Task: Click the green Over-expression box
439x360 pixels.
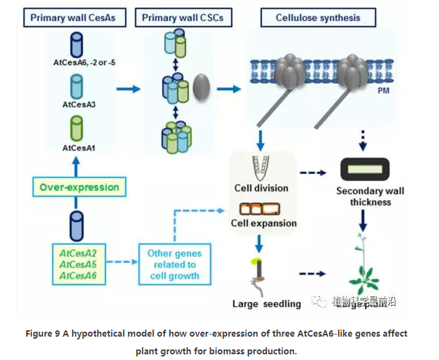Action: coord(79,187)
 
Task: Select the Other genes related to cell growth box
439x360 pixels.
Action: coord(175,264)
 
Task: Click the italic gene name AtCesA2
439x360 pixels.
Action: coord(78,252)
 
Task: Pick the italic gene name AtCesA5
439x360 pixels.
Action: coord(78,265)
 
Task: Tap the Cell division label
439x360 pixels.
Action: coord(261,188)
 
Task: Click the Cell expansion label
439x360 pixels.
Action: coord(263,223)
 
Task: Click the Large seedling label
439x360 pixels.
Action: coord(266,304)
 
